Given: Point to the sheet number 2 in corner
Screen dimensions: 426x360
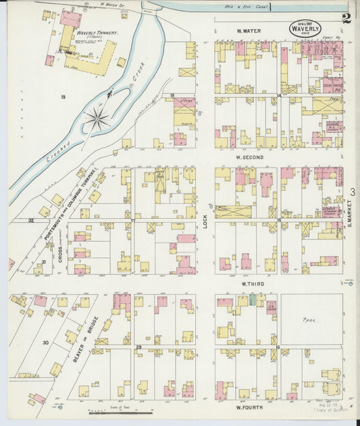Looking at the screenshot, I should (x=346, y=18).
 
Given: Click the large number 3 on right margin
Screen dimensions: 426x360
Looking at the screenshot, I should (x=353, y=192).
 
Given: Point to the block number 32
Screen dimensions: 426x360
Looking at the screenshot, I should (x=31, y=220).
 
